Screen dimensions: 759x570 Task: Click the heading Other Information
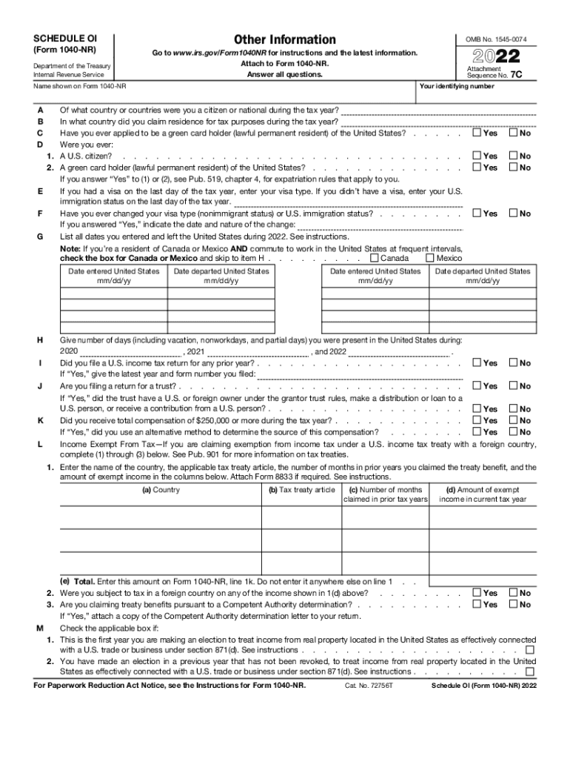[284, 39]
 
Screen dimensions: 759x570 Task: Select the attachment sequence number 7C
[527, 75]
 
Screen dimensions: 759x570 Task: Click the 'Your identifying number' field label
[456, 87]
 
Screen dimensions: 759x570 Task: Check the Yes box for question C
[477, 133]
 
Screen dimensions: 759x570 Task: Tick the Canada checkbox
[375, 258]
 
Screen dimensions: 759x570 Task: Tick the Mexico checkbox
[430, 258]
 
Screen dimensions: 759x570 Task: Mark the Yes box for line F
[477, 213]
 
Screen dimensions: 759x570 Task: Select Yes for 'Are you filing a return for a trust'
[477, 386]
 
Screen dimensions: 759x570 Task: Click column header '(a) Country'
[160, 490]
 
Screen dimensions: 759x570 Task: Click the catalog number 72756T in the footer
[368, 686]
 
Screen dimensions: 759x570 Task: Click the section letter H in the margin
[39, 339]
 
